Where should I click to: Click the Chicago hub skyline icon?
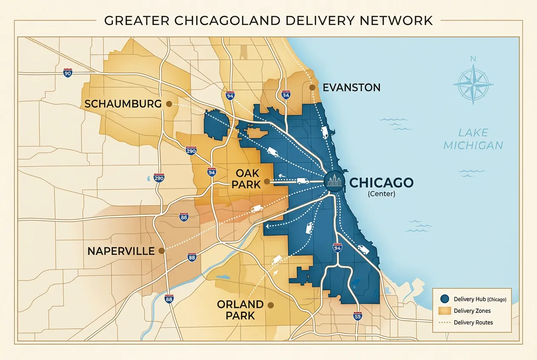[x=334, y=182]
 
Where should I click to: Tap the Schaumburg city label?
[x=123, y=104]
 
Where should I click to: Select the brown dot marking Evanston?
[x=312, y=87]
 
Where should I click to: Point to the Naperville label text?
[x=121, y=251]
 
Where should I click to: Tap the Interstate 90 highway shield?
[x=67, y=73]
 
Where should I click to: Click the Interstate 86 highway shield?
[x=184, y=217]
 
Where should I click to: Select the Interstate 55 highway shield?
[x=358, y=316]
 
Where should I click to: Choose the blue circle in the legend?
[x=444, y=299]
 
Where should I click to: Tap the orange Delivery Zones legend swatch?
[x=444, y=311]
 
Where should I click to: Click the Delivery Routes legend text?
[x=473, y=323]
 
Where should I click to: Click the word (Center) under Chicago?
[x=381, y=194]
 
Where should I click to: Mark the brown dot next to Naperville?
[x=161, y=251]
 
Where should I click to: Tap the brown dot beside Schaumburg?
[x=169, y=104]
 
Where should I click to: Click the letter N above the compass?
[x=473, y=59]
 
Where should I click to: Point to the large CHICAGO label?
[x=381, y=183]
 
